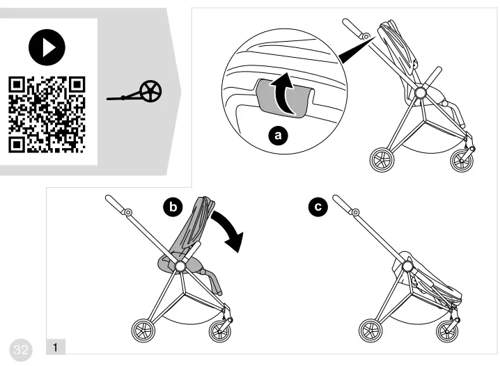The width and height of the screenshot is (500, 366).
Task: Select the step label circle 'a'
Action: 280,136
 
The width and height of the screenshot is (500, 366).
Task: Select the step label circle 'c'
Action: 318,207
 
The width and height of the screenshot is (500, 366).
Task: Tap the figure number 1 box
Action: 56,346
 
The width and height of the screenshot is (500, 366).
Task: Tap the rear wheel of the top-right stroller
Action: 382,160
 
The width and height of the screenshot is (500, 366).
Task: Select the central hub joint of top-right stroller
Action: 421,93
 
